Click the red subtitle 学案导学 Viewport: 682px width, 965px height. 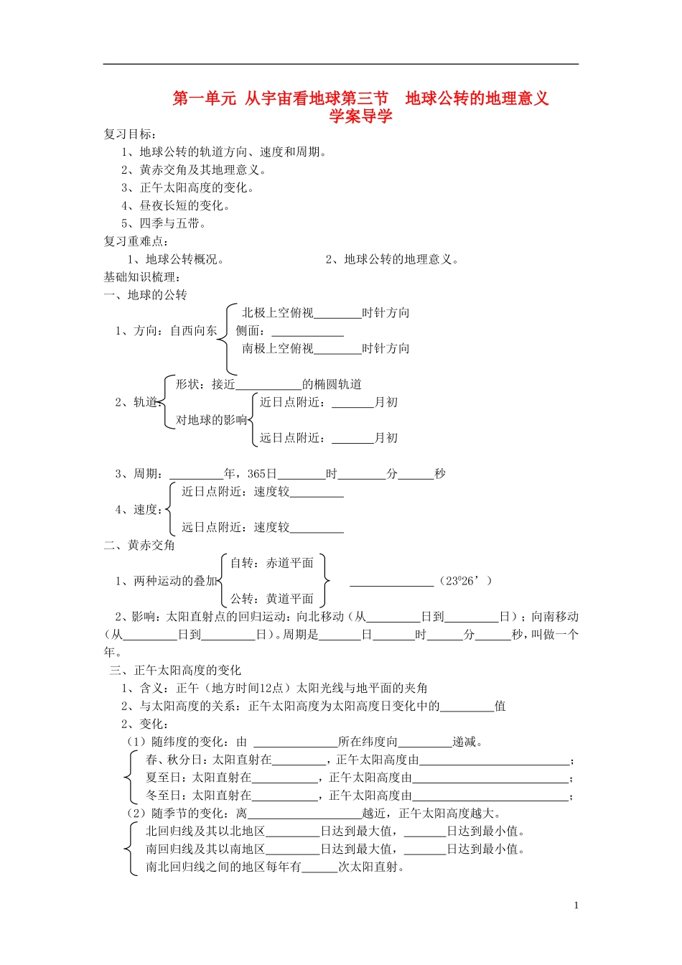(360, 116)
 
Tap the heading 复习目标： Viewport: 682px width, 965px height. (130, 134)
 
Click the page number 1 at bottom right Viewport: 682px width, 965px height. (576, 905)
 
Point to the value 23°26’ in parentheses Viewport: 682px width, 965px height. (465, 581)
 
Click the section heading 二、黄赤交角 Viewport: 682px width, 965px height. (139, 546)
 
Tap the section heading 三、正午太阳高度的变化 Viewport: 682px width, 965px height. (175, 671)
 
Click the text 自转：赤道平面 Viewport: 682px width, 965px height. (271, 563)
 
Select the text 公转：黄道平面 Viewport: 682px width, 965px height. (271, 599)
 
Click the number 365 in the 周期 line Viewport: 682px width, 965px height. (256, 474)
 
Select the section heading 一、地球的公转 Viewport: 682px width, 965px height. (145, 295)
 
